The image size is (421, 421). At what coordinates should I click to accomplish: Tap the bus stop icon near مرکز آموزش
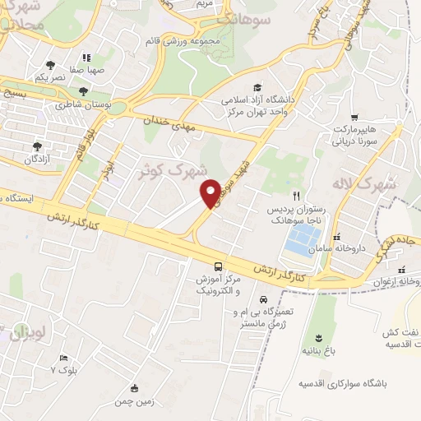217,266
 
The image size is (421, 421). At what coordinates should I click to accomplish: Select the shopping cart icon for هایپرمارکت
354,117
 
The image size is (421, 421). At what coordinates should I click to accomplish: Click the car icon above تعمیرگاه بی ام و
263,299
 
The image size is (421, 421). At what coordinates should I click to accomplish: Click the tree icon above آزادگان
35,145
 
